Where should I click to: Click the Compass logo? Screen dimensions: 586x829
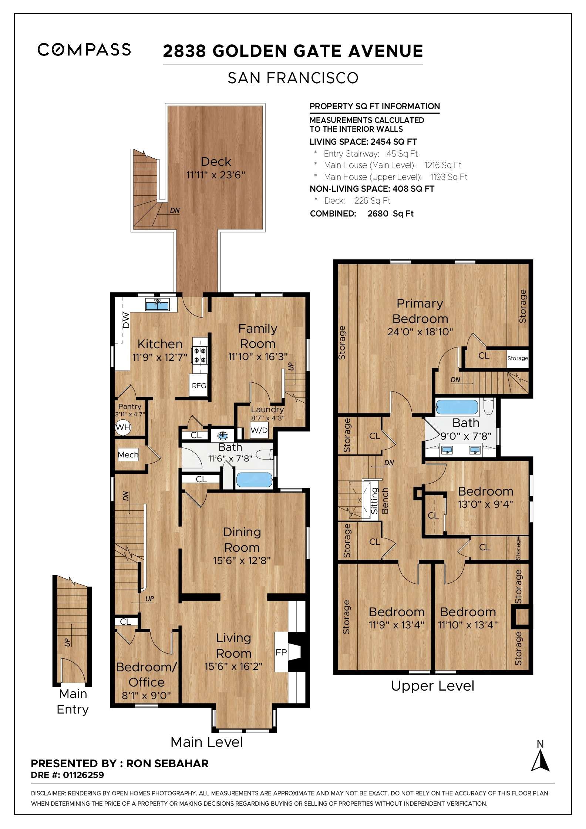(84, 50)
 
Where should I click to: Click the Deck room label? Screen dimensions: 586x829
(216, 162)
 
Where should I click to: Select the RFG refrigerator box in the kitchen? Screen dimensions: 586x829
(199, 385)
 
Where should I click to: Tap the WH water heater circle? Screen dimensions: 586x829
(123, 427)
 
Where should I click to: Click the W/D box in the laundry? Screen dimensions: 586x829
(259, 430)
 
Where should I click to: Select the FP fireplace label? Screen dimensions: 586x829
(281, 652)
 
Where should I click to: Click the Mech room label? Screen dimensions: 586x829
(128, 454)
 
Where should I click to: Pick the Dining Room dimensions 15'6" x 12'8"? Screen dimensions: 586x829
(242, 561)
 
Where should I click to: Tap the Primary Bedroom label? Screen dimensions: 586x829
(420, 311)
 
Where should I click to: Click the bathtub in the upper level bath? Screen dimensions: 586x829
(457, 407)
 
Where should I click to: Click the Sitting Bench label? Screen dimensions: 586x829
(379, 501)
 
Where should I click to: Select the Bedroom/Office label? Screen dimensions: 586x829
(146, 674)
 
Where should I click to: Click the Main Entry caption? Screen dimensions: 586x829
(73, 701)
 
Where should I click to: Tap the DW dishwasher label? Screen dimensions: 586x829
(126, 320)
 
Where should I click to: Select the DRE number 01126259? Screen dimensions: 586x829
(84, 775)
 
